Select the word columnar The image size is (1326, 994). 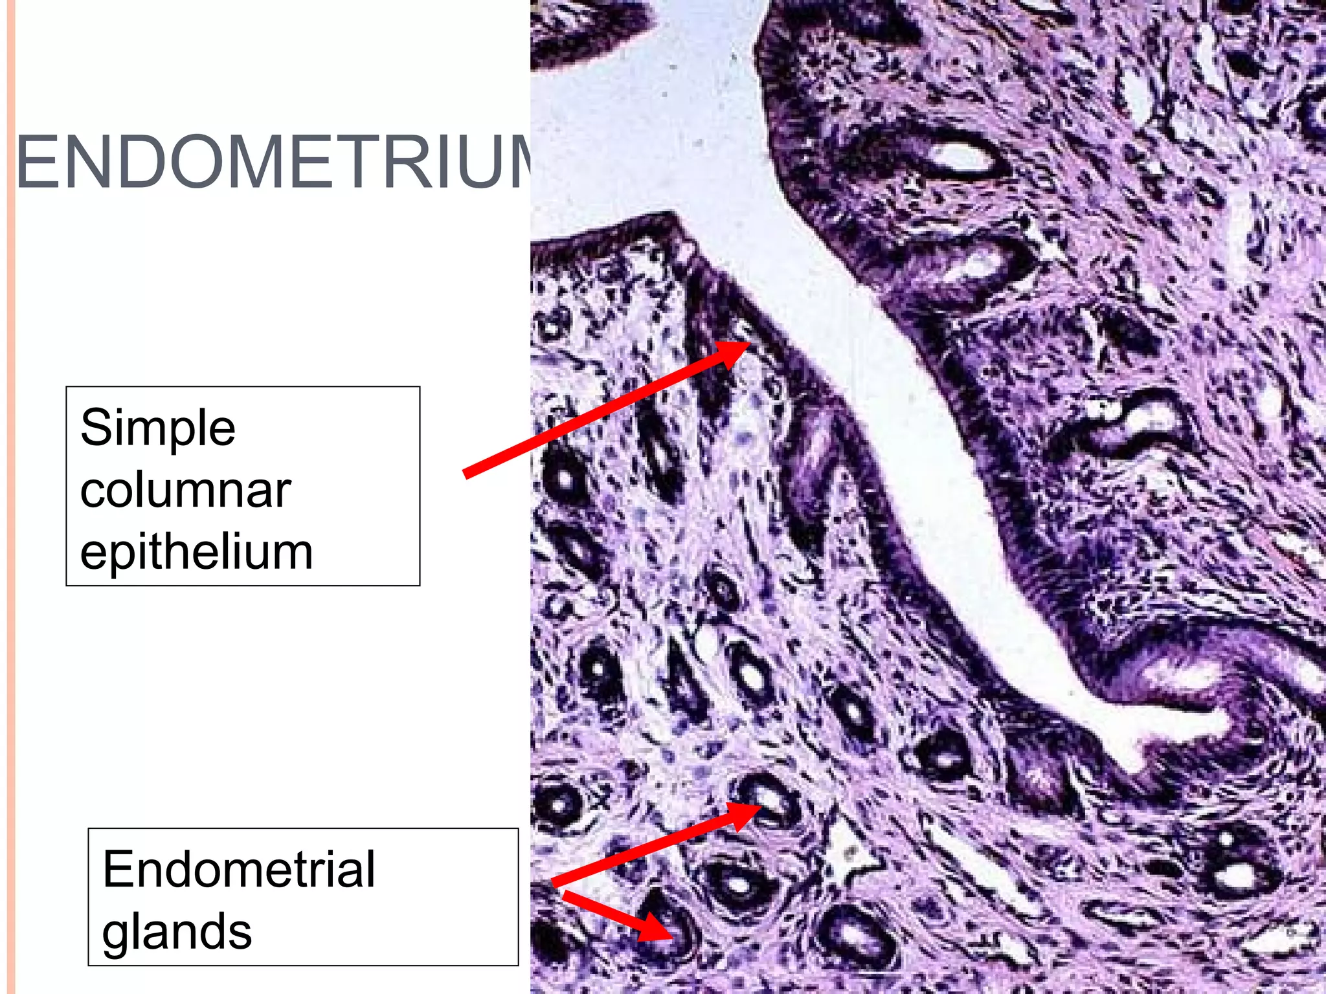[x=185, y=490]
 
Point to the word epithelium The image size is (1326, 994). [x=196, y=552]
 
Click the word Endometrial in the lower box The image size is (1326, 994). [x=238, y=869]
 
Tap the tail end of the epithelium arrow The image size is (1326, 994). [x=467, y=474]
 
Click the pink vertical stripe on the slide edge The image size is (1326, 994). [x=10, y=497]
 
